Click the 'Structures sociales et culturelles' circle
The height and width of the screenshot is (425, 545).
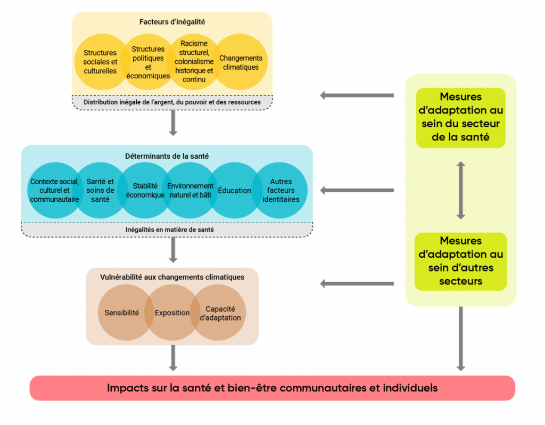(100, 62)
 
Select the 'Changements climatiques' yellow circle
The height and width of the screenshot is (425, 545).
(241, 63)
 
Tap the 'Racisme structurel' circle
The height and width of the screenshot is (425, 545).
(194, 61)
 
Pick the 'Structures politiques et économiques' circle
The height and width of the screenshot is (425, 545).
(148, 62)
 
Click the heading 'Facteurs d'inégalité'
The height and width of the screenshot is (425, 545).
(172, 22)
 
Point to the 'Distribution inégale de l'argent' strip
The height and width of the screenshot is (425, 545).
(172, 102)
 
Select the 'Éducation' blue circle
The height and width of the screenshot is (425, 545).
(234, 191)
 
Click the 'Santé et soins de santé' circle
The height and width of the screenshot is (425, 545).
(100, 191)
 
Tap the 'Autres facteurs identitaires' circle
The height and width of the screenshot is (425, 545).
(280, 191)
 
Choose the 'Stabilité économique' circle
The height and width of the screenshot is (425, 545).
(145, 191)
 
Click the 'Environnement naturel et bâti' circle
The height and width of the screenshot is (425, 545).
(190, 191)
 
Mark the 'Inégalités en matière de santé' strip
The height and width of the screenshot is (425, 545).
(167, 230)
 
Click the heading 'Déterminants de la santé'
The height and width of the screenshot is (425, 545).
(167, 157)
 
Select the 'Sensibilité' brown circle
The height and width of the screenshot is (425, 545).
(122, 313)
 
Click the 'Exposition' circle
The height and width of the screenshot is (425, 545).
(172, 313)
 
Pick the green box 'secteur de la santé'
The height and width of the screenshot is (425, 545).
(460, 118)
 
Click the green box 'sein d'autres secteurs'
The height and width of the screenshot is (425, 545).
(460, 261)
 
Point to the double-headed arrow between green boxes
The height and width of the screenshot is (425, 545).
(461, 190)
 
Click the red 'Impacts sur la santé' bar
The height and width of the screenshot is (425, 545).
(272, 388)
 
